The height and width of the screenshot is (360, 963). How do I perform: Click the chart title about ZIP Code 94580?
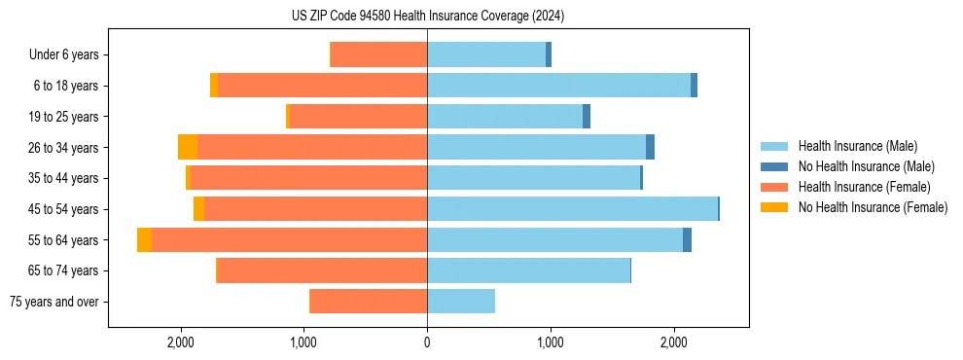[x=427, y=17]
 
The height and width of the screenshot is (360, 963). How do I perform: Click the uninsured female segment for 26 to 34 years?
[x=188, y=147]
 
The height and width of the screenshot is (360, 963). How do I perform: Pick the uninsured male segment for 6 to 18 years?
[x=694, y=86]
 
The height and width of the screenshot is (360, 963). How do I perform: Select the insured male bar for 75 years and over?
[x=461, y=302]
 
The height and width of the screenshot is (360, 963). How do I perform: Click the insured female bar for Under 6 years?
[x=378, y=54]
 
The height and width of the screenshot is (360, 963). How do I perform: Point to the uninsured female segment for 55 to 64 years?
[x=144, y=240]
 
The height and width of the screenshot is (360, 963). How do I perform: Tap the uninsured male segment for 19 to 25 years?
[x=587, y=117]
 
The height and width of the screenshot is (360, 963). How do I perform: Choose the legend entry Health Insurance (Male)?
[x=857, y=146]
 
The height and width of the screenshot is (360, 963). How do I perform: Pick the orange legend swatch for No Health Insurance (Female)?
[x=774, y=207]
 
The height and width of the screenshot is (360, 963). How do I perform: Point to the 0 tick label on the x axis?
[x=427, y=342]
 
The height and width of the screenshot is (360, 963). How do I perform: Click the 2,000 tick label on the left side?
[x=181, y=342]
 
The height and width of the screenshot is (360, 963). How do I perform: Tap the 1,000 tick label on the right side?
[x=550, y=342]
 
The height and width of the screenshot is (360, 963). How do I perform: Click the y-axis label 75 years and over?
[x=54, y=302]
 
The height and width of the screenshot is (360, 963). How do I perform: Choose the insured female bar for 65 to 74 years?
[x=322, y=270]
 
